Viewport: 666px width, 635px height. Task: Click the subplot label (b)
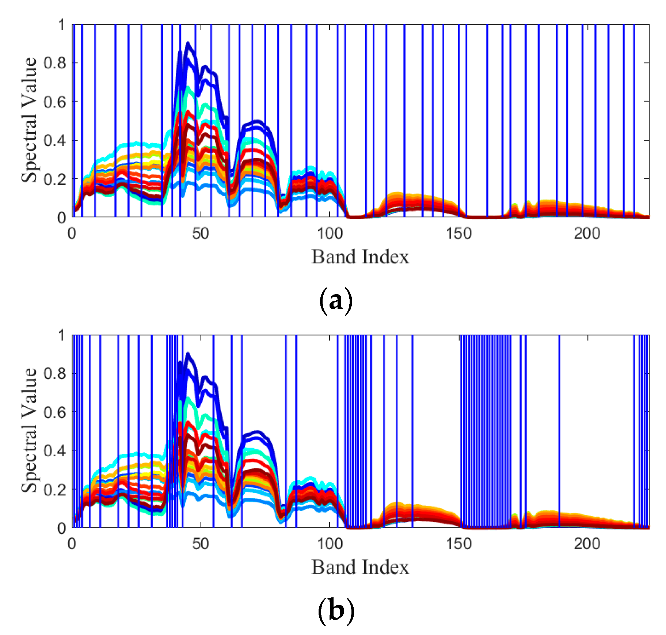(336, 611)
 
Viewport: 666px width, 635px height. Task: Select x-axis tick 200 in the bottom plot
(587, 544)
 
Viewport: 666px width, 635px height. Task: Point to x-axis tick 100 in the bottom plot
(329, 544)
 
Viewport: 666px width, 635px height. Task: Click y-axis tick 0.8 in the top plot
(55, 63)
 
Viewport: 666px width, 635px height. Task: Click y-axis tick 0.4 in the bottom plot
(55, 451)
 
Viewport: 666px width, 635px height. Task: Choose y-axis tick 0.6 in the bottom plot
(55, 412)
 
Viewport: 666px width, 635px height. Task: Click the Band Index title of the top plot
(360, 257)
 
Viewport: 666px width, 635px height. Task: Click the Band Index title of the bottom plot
(360, 567)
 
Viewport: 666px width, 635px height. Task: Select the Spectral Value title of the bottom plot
(29, 430)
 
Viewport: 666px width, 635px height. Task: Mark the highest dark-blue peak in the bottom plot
(188, 354)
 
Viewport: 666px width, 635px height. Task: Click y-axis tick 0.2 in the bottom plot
(55, 490)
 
